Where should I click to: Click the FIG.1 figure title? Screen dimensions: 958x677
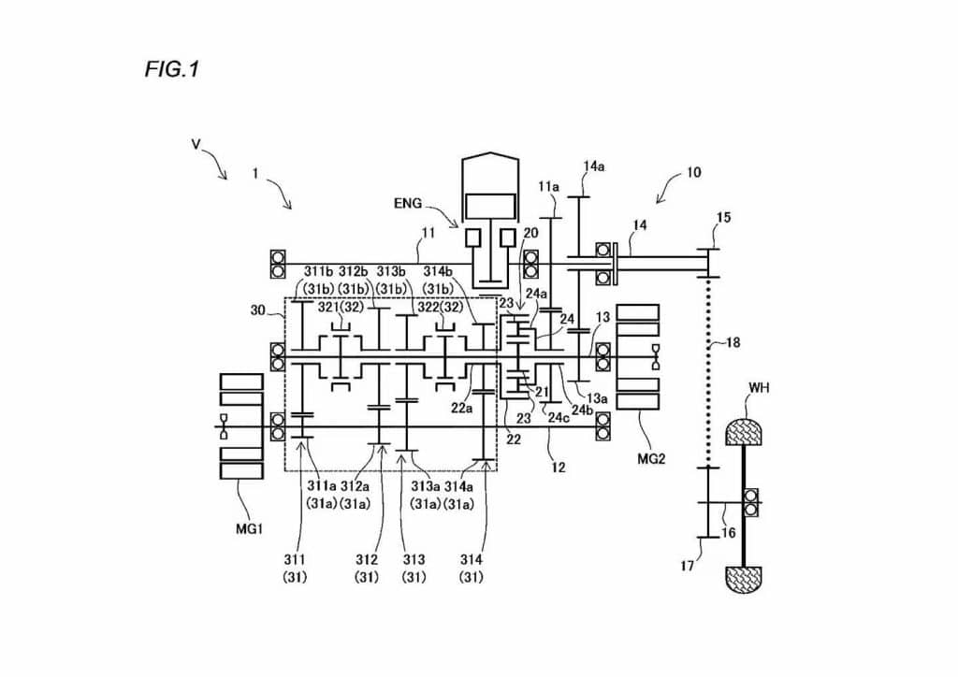[172, 69]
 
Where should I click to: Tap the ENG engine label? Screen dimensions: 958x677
[408, 203]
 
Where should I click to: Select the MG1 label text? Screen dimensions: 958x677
[249, 528]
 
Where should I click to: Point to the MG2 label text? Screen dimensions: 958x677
[651, 459]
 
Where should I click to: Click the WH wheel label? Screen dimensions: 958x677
[759, 388]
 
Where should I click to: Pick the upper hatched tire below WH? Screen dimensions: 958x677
[743, 432]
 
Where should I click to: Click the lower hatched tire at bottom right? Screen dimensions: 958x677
[743, 579]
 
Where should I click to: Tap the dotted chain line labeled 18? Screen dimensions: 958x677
[709, 372]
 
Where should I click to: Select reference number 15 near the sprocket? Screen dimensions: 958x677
[723, 218]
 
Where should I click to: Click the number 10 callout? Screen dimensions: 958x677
[694, 173]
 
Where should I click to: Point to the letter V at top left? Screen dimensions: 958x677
[196, 145]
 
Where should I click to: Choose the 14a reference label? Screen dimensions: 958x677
[594, 166]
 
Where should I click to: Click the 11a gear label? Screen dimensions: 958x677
[548, 186]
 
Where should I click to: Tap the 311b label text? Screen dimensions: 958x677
[318, 271]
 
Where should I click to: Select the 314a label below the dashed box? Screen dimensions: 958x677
[458, 486]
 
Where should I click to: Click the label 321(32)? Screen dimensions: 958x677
[341, 307]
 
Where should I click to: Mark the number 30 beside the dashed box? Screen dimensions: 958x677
[258, 310]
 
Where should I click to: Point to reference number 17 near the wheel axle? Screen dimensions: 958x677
[688, 566]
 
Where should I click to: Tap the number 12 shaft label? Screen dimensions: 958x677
[559, 468]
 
